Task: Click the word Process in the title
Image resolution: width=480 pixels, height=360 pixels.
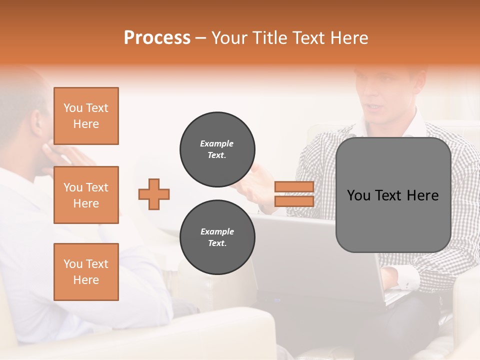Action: (x=157, y=38)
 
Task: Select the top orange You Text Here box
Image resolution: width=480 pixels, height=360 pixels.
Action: (x=86, y=116)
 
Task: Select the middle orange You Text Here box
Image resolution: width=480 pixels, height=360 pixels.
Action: (x=86, y=195)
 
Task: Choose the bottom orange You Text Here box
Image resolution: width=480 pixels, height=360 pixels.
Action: (x=86, y=271)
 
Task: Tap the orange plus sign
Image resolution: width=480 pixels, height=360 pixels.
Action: (x=154, y=194)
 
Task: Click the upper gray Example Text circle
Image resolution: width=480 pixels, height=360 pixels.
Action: (x=217, y=149)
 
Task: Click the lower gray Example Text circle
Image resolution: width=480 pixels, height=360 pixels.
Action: (x=217, y=237)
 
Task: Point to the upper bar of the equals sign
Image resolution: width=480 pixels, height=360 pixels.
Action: (x=294, y=187)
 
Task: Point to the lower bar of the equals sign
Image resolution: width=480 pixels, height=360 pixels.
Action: (x=294, y=201)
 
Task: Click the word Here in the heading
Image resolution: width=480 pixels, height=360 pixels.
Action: (x=348, y=38)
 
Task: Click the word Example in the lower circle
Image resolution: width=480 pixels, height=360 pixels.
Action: (x=217, y=231)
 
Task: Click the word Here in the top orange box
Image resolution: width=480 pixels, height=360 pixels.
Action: (x=86, y=124)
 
